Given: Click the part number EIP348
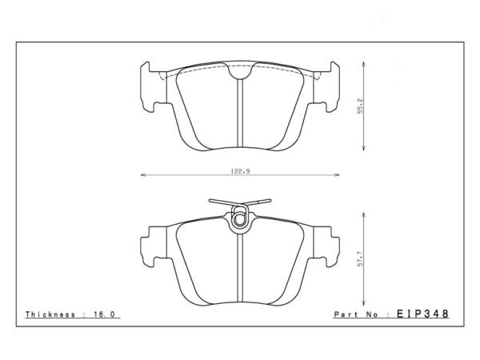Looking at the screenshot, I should [419, 314].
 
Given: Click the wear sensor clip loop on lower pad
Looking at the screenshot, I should [239, 217].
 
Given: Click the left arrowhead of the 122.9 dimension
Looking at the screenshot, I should [142, 173].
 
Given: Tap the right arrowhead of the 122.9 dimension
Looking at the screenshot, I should [338, 173].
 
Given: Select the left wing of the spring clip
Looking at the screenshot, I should [217, 202].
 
